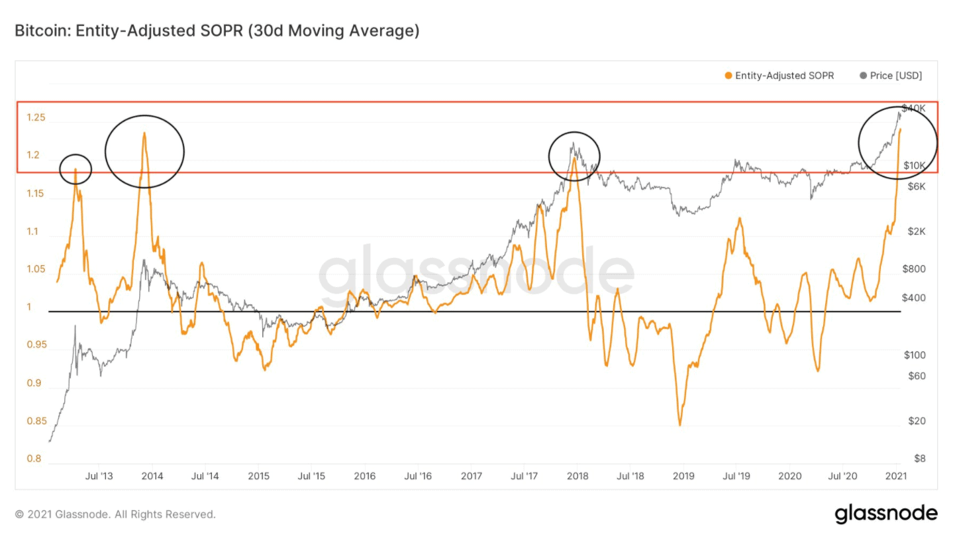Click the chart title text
tap(217, 31)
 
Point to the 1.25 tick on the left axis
tap(36, 118)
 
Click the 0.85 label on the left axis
tap(36, 421)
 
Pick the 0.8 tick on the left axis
tap(34, 459)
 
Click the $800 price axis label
tap(914, 269)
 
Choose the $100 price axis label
tap(914, 355)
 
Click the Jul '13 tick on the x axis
tap(99, 476)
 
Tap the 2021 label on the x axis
tap(895, 476)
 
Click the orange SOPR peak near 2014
tap(144, 133)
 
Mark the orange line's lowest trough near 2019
tap(679, 424)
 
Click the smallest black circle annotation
tap(75, 169)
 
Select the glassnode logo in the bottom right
tap(885, 513)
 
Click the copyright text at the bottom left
tap(115, 514)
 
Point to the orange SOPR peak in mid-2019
tap(739, 218)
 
